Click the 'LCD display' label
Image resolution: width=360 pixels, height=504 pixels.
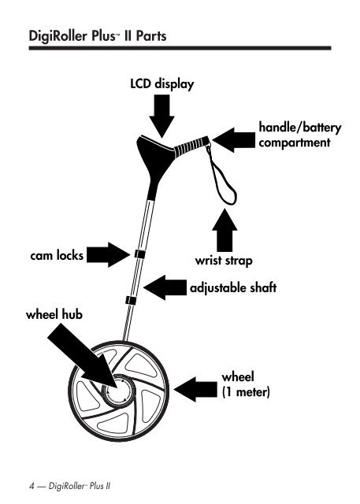(162, 84)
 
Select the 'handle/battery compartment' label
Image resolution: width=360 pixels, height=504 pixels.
(300, 135)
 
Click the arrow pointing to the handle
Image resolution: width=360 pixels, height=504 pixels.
(234, 140)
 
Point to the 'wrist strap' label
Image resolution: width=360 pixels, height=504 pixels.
(224, 261)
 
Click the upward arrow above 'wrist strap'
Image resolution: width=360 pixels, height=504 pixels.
(225, 230)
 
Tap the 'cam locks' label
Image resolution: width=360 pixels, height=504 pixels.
(57, 255)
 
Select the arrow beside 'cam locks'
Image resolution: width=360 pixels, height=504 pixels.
(108, 254)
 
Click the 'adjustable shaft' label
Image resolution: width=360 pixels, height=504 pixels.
(233, 287)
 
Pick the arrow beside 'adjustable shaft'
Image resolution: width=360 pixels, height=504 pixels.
(165, 287)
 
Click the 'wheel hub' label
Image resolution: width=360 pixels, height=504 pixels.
(54, 314)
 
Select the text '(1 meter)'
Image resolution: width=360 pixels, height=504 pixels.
(246, 392)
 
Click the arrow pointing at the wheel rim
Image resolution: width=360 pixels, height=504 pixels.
(195, 390)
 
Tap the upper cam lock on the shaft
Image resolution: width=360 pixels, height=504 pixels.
(139, 254)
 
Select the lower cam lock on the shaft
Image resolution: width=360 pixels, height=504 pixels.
(131, 301)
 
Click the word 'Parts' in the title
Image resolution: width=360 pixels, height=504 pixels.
(151, 35)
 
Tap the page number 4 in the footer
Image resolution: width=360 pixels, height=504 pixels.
(32, 486)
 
